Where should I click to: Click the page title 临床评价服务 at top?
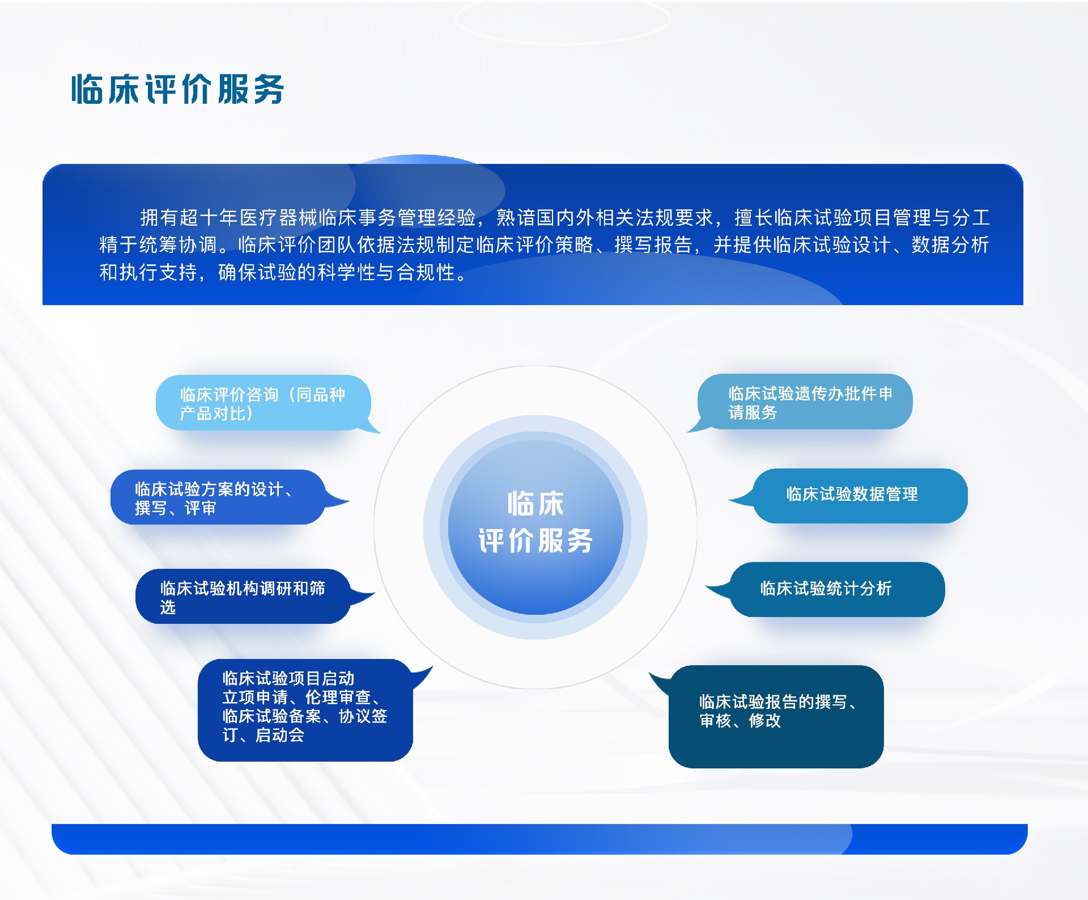[x=177, y=89]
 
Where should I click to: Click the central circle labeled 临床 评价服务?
[x=535, y=527]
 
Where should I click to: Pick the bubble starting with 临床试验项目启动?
[x=304, y=709]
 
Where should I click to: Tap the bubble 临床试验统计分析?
[x=836, y=589]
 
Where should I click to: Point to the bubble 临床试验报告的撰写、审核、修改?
[x=776, y=716]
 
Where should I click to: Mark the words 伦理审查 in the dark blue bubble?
[x=338, y=698]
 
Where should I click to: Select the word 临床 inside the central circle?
[x=535, y=504]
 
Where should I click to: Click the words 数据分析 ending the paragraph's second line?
[x=950, y=245]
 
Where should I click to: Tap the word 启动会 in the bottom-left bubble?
[x=280, y=736]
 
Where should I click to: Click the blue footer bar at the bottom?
[x=538, y=839]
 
